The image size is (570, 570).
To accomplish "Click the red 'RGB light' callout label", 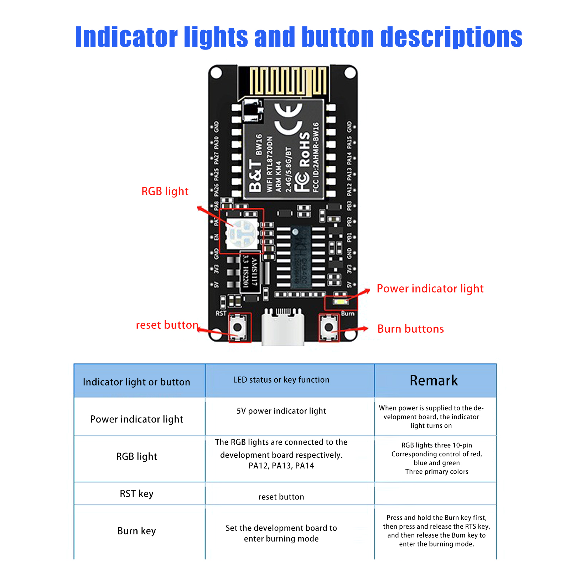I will click(x=165, y=191).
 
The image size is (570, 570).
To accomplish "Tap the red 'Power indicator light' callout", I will click(x=430, y=289).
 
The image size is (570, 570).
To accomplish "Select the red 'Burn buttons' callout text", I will click(x=410, y=329).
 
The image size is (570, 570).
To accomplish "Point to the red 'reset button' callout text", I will click(x=167, y=325).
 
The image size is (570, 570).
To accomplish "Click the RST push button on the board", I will click(x=237, y=327).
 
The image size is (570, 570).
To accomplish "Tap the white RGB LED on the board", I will click(x=242, y=234).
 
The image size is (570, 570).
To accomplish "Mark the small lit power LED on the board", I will click(x=341, y=302).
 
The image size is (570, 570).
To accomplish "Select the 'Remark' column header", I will click(x=434, y=380).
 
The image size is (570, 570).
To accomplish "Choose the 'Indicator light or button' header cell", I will click(x=136, y=382).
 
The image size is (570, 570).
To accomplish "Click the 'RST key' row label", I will click(x=136, y=494).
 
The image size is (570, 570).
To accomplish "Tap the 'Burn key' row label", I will click(x=136, y=531).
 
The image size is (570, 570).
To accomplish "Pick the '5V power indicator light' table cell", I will click(x=281, y=411).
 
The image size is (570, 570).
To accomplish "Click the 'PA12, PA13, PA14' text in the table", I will click(x=281, y=466).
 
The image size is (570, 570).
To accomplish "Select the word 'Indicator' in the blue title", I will click(x=126, y=37).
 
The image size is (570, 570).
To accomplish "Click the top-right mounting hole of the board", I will click(x=350, y=73).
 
